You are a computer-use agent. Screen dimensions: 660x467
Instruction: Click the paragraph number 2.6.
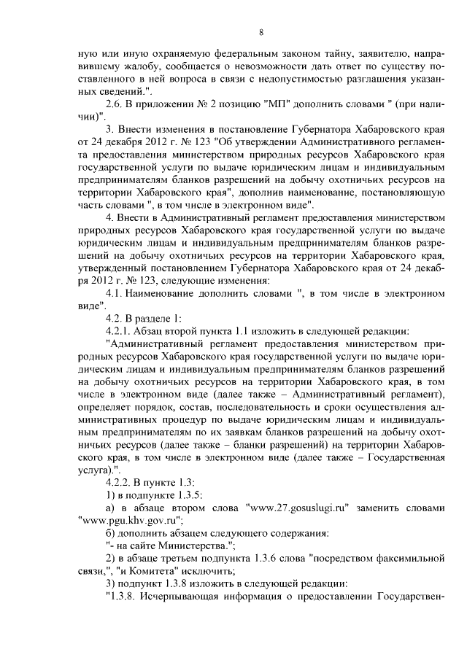coord(117,106)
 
